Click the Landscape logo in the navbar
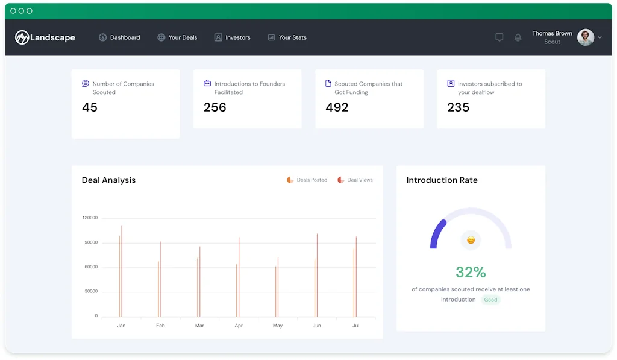click(45, 37)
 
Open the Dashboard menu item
click(119, 37)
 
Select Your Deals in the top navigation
click(177, 37)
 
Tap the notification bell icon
click(518, 37)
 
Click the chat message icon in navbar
click(499, 37)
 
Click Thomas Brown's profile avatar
click(585, 37)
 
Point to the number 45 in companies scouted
click(90, 107)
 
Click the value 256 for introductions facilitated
click(215, 107)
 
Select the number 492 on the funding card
click(337, 107)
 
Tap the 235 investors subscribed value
click(458, 107)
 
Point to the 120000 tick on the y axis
click(90, 218)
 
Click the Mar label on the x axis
click(199, 326)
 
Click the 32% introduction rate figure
click(471, 272)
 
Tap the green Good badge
click(491, 300)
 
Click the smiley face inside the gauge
click(471, 240)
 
